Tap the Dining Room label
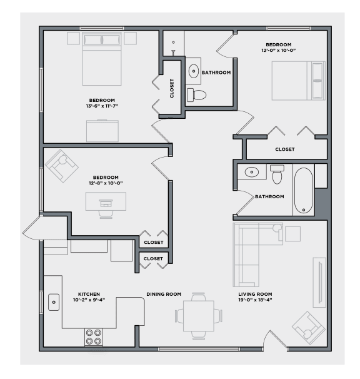(x=164, y=294)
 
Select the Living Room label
(x=255, y=294)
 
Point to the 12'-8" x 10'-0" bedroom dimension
(x=105, y=183)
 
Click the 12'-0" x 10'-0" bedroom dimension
(x=278, y=50)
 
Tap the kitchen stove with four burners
(x=94, y=337)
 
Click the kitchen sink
(x=54, y=302)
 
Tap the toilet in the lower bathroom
(x=277, y=173)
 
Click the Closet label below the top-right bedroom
(x=284, y=149)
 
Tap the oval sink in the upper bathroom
(x=194, y=70)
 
